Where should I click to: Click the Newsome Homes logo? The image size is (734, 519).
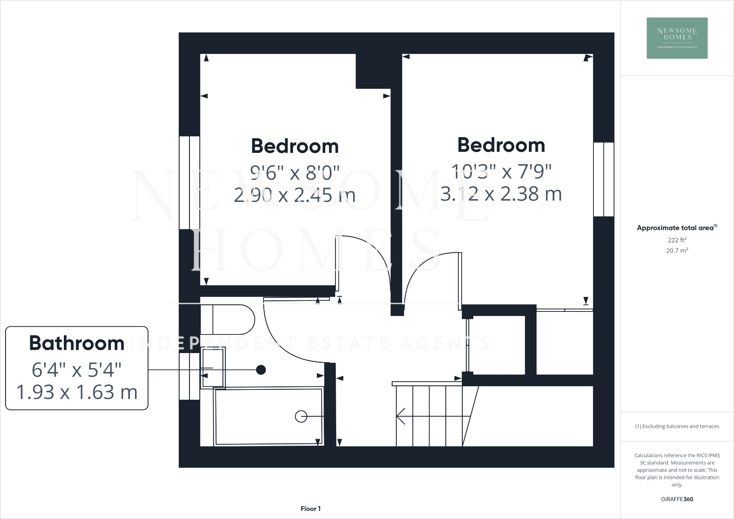677,38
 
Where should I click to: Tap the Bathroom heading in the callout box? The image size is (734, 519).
77,343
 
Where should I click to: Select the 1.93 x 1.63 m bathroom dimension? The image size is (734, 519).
77,392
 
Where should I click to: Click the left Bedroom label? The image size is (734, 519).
295,146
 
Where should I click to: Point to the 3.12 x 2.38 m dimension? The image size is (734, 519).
501,194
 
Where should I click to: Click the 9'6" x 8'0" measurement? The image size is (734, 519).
295,173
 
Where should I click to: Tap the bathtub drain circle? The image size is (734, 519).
301,416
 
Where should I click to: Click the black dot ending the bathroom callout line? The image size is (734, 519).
261,370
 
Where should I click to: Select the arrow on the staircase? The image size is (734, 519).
401,416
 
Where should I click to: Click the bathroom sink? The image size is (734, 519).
213,368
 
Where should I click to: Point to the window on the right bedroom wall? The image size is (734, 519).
604,179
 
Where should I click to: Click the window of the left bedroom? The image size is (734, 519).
189,182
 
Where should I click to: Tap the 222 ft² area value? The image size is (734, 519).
677,240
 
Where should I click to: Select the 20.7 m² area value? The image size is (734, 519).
677,251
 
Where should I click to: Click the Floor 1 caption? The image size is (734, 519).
310,509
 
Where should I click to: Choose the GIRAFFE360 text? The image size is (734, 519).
677,499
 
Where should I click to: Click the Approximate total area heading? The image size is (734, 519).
676,228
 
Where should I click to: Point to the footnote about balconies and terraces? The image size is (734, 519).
677,426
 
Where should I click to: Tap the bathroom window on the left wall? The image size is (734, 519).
189,376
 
